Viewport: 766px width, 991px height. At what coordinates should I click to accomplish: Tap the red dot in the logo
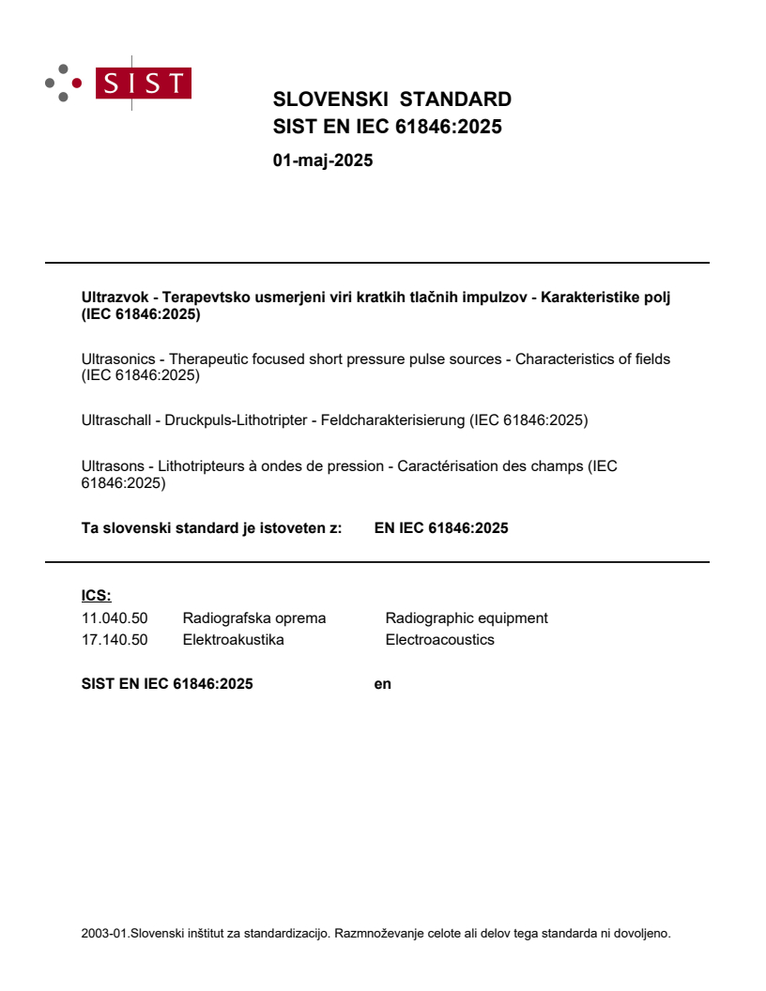pyautogui.click(x=77, y=83)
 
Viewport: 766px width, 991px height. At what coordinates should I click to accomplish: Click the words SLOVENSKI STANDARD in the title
pyautogui.click(x=391, y=99)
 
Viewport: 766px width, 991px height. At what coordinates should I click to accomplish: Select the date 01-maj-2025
pyautogui.click(x=323, y=160)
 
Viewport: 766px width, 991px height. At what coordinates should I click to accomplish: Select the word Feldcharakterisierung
pyautogui.click(x=392, y=420)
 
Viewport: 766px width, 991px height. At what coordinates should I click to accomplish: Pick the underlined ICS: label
pyautogui.click(x=96, y=595)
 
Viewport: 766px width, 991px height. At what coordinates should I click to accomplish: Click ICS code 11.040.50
pyautogui.click(x=115, y=618)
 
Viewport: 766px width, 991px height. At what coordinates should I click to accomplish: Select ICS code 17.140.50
pyautogui.click(x=115, y=640)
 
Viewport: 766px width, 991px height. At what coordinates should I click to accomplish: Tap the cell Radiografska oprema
pyautogui.click(x=254, y=618)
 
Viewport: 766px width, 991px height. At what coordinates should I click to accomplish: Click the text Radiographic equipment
pyautogui.click(x=467, y=618)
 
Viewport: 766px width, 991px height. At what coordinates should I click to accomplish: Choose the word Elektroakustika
pyautogui.click(x=233, y=640)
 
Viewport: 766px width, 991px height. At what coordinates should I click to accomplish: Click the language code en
pyautogui.click(x=382, y=684)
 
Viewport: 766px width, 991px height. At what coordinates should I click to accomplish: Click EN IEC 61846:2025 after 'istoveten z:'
pyautogui.click(x=441, y=528)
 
